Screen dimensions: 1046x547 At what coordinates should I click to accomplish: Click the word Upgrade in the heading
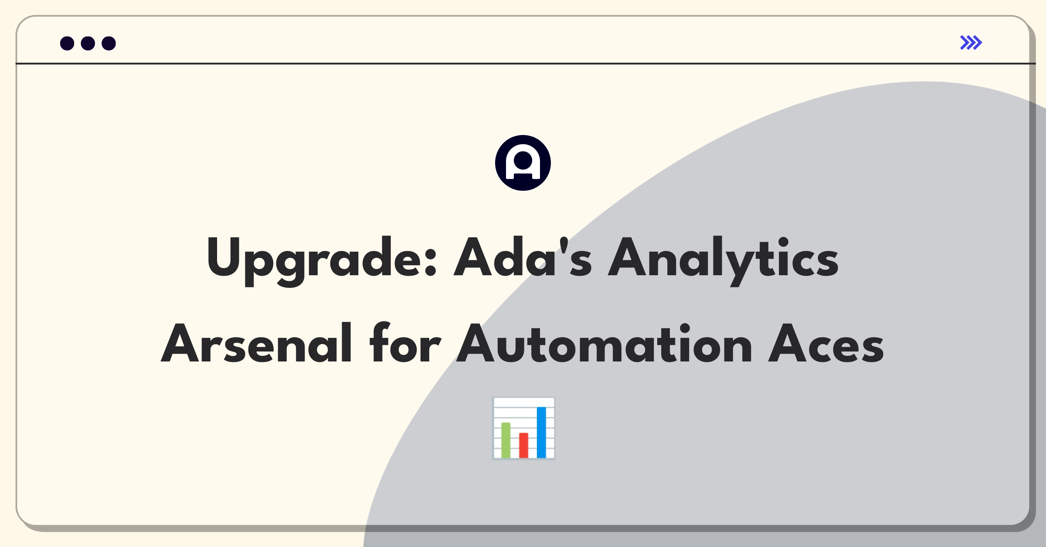[322, 261]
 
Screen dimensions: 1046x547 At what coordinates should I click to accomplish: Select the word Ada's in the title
[523, 257]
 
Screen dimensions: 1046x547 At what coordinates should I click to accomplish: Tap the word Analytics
[723, 261]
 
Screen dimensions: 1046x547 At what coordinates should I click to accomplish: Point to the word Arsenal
[256, 343]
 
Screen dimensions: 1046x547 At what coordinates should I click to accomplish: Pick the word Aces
[826, 343]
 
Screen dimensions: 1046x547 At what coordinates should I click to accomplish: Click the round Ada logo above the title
[523, 163]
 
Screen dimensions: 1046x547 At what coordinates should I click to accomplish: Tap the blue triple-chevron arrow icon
[971, 43]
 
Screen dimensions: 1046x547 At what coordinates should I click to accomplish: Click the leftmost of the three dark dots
[67, 43]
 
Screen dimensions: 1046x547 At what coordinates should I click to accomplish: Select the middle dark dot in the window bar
[88, 43]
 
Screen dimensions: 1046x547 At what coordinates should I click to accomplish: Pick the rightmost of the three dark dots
[109, 43]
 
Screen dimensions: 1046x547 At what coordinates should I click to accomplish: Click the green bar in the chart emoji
[506, 440]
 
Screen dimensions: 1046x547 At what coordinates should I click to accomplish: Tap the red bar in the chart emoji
[523, 445]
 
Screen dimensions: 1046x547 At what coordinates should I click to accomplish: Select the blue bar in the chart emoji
[541, 432]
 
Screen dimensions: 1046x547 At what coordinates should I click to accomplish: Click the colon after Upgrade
[430, 260]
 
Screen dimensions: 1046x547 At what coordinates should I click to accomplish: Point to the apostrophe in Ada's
[564, 245]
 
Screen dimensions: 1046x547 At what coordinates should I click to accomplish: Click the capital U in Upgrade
[223, 257]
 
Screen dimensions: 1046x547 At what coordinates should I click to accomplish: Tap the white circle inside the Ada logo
[523, 160]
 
